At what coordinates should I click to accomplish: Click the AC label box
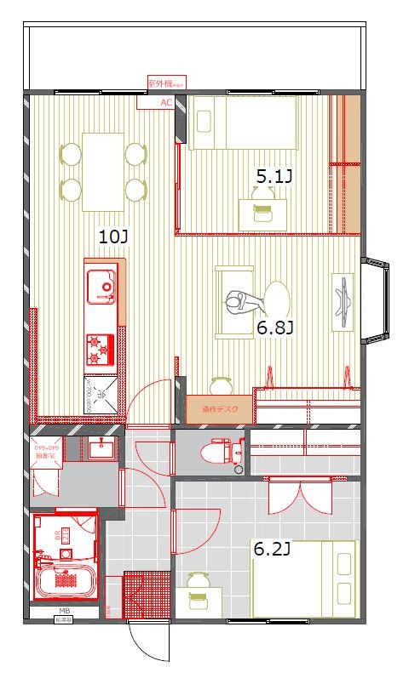pyautogui.click(x=166, y=102)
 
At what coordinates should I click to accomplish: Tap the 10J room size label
pyautogui.click(x=113, y=237)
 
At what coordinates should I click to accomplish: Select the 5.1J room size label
pyautogui.click(x=274, y=176)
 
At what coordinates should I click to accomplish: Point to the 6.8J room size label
pyautogui.click(x=275, y=327)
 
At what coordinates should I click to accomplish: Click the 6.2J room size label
pyautogui.click(x=272, y=549)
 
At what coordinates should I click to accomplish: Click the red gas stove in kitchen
pyautogui.click(x=99, y=349)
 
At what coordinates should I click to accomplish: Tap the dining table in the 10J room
pyautogui.click(x=103, y=171)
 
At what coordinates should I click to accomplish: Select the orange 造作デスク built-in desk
pyautogui.click(x=220, y=409)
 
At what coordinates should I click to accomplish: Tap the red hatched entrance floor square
pyautogui.click(x=141, y=594)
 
